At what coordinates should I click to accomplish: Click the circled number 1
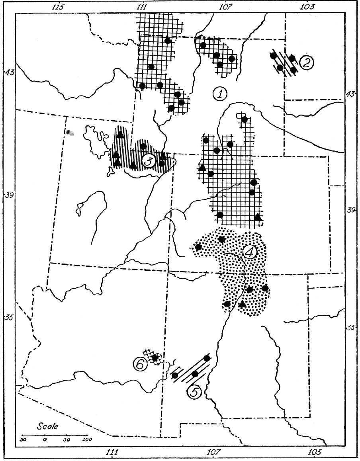click(219, 94)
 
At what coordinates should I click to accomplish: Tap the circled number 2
click(306, 63)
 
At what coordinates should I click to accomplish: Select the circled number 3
click(147, 161)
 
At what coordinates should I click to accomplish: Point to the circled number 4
click(250, 252)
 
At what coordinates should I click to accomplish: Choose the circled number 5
click(194, 392)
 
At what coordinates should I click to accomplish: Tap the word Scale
click(47, 426)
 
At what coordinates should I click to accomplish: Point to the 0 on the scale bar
click(45, 440)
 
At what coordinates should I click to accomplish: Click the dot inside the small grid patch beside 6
click(155, 358)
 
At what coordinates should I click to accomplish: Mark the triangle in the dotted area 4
click(243, 304)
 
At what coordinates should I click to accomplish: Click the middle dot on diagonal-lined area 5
click(195, 373)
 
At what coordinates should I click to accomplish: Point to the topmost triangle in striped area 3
click(120, 134)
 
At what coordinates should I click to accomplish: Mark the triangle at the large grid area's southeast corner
click(258, 217)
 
